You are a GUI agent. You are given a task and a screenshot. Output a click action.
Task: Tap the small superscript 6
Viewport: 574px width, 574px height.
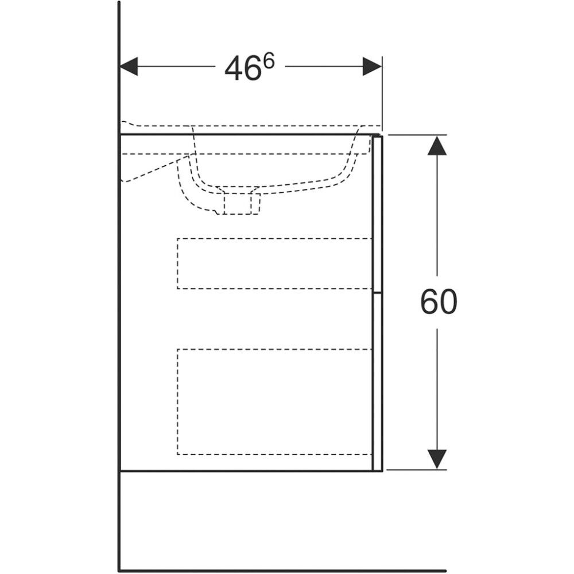(269, 61)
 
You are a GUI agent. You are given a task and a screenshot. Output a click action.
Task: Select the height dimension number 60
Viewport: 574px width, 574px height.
(439, 302)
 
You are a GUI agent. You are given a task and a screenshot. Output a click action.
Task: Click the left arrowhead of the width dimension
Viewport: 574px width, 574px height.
(129, 66)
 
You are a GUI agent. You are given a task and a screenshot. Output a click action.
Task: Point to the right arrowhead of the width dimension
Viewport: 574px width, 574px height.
(372, 66)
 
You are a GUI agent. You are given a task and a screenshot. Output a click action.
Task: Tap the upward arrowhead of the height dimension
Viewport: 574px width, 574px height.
(437, 145)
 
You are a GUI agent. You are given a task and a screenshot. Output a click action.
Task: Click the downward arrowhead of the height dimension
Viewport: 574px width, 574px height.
(437, 459)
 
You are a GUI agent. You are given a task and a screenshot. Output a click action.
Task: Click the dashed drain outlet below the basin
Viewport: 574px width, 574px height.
(238, 203)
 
